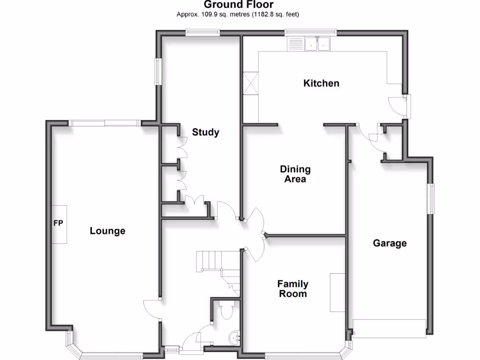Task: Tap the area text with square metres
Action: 238,15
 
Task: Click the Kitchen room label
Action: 321,83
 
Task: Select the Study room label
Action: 205,132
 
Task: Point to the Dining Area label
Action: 295,174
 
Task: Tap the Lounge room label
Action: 107,231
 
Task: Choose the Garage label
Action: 390,243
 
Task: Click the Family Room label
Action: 292,289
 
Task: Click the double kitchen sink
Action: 318,44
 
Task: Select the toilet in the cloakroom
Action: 226,310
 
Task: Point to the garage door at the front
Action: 389,328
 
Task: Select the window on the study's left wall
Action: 158,72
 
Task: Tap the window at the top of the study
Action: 202,32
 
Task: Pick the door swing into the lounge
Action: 151,310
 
